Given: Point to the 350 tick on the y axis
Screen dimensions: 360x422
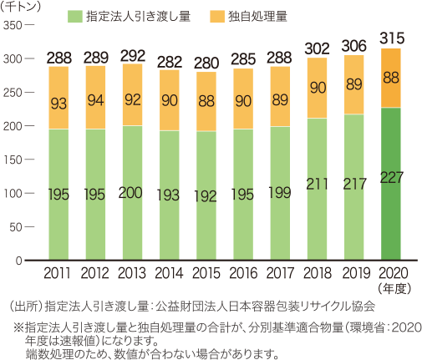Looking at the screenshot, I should click(16, 26).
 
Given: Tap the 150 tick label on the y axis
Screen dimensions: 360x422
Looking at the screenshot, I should click(16, 160).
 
